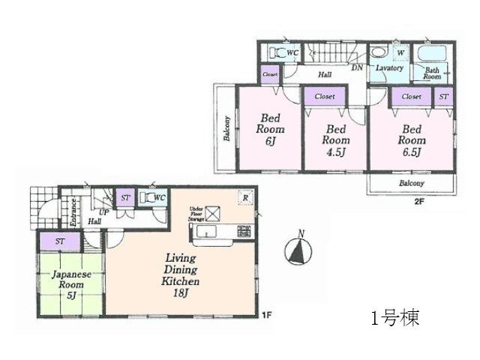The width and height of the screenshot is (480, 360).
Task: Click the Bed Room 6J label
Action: point(270,128)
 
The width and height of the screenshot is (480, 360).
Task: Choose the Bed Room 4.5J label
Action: point(337,140)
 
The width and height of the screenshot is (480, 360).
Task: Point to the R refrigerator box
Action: point(244,197)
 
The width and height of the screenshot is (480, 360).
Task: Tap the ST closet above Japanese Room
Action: point(60,241)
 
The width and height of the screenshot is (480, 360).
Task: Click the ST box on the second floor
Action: point(444,97)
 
